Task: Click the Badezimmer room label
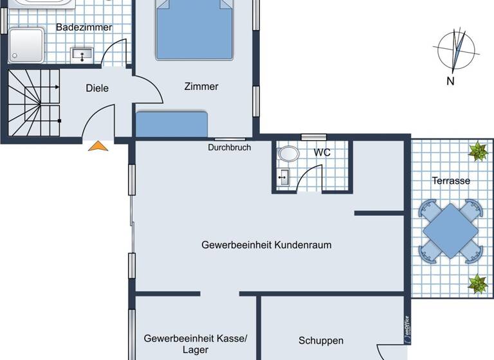(84, 28)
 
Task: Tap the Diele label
(97, 89)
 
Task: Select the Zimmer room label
(201, 87)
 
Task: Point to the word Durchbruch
(229, 148)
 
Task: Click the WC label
(322, 153)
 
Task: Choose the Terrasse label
(450, 181)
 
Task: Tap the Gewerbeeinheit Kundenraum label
(266, 245)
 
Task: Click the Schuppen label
(320, 341)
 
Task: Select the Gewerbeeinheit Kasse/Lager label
(195, 344)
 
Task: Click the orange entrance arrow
(98, 147)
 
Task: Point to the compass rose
(456, 50)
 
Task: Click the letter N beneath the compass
(451, 81)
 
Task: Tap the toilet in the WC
(288, 154)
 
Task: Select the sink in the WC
(283, 175)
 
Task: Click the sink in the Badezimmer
(82, 54)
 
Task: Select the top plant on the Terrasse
(477, 152)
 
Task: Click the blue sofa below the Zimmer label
(172, 123)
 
